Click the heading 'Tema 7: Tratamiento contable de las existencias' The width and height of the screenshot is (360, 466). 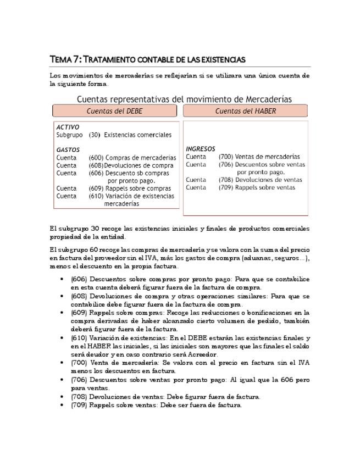tap(147, 59)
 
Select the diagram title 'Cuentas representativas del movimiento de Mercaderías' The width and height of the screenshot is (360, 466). tap(184, 99)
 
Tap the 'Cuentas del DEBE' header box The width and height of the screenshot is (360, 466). tap(114, 111)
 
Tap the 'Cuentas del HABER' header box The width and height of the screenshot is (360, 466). tap(245, 111)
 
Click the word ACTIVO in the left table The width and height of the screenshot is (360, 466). tap(68, 127)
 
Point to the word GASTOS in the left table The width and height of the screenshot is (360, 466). tap(68, 149)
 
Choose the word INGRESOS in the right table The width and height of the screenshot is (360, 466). tap(201, 149)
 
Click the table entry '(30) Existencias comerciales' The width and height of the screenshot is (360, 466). tap(130, 135)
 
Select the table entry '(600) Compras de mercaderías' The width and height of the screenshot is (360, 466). tap(132, 158)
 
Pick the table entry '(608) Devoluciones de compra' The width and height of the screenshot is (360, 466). tap(131, 165)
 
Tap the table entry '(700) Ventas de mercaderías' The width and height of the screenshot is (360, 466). tap(259, 157)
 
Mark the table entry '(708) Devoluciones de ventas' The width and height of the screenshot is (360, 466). tap(260, 180)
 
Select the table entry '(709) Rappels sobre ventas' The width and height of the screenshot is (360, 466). tap(257, 187)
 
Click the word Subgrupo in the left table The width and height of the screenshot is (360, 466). tap(69, 135)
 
